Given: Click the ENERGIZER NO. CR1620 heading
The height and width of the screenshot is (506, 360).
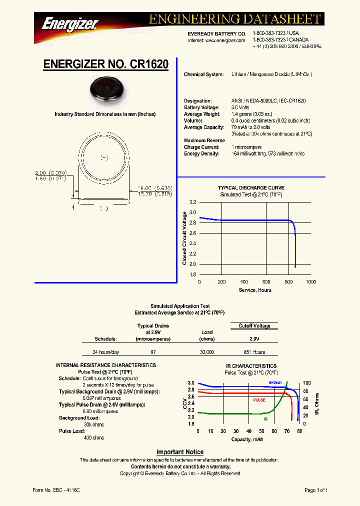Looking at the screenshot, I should (105, 64).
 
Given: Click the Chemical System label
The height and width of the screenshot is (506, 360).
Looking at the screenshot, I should (203, 74).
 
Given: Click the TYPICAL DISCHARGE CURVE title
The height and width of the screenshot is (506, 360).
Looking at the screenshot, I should (251, 188).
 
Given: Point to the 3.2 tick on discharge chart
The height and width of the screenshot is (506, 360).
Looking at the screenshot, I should (192, 202).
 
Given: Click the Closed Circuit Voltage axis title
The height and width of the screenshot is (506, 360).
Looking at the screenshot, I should (184, 238).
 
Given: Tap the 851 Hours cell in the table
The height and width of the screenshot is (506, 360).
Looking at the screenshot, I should (254, 352).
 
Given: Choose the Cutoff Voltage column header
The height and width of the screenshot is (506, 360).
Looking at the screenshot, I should (254, 326).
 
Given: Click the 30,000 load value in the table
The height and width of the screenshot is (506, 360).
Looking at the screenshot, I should (207, 352).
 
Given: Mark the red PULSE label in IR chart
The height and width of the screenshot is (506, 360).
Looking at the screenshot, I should (259, 400).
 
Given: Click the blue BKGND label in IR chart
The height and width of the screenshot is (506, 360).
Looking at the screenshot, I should (275, 382).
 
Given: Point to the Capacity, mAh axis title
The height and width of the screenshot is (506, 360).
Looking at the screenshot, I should (247, 439).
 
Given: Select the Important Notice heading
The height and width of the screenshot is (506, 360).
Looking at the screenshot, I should (180, 452).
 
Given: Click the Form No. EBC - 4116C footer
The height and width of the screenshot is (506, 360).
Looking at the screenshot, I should (55, 490).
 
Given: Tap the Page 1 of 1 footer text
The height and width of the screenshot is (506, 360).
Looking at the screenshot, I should (316, 490).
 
